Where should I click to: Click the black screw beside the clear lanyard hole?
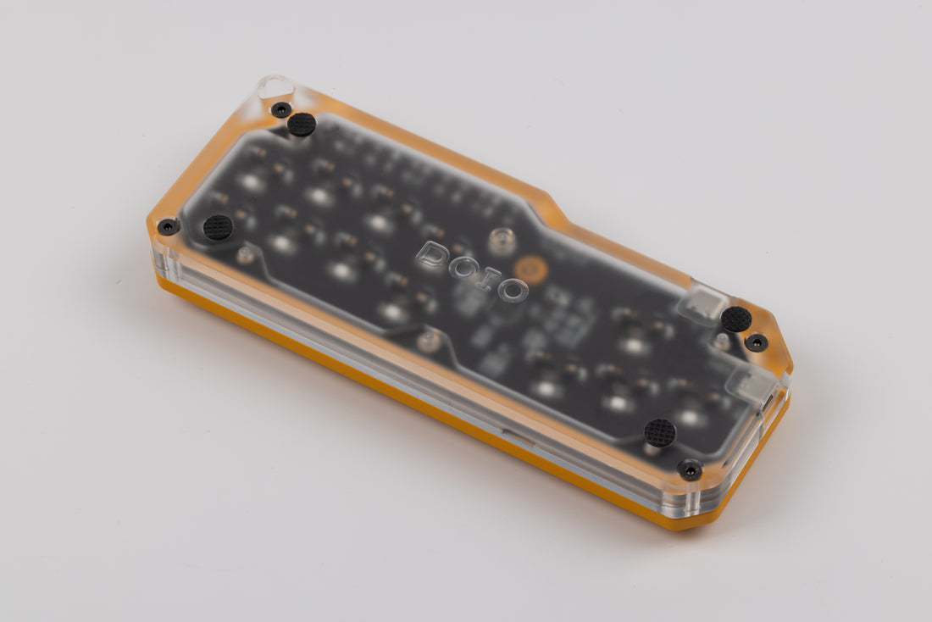pos(281,108)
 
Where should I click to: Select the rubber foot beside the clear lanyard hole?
pos(302,125)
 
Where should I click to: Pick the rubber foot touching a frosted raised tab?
pos(736,319)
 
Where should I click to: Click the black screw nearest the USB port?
pos(757,342)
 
